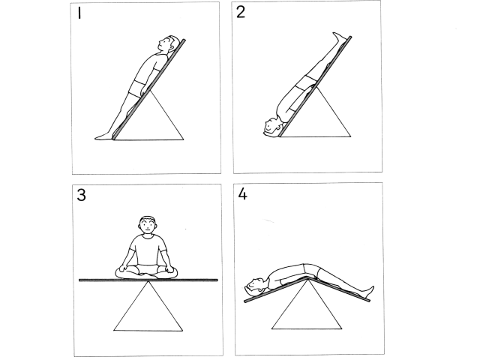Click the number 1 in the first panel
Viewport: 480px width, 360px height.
click(79, 13)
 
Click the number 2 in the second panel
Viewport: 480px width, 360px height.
click(241, 12)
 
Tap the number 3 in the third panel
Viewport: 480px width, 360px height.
click(81, 195)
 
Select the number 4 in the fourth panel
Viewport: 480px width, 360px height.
click(242, 193)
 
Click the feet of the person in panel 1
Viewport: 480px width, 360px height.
click(104, 136)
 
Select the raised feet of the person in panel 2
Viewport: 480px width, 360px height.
click(340, 37)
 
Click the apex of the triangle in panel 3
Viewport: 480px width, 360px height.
click(148, 281)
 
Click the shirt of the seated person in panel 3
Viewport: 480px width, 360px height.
click(148, 250)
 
